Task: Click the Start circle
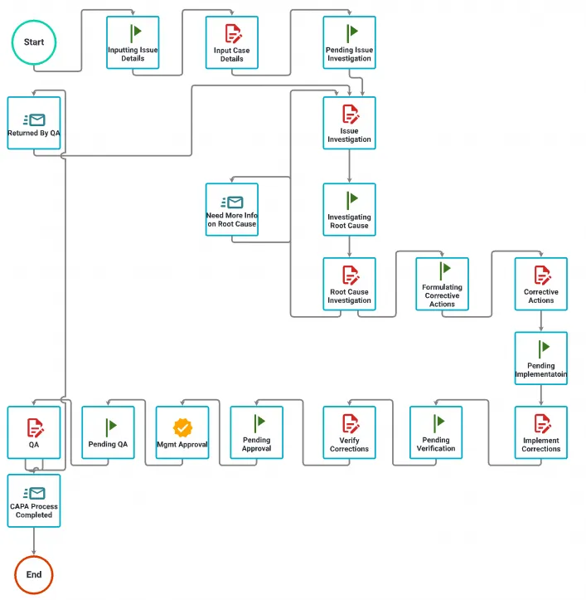click(x=34, y=41)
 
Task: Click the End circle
click(x=34, y=574)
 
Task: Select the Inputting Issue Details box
click(x=133, y=42)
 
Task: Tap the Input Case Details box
click(x=232, y=42)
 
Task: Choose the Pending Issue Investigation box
click(x=349, y=42)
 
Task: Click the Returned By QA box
click(x=34, y=123)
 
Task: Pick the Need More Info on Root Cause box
click(x=232, y=209)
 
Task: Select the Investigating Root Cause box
click(x=349, y=209)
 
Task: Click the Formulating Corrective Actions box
click(x=442, y=284)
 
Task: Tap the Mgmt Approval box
click(x=182, y=432)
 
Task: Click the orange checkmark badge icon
click(x=182, y=427)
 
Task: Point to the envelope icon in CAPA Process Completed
click(x=35, y=493)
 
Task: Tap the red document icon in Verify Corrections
click(x=350, y=422)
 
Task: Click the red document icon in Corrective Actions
click(x=541, y=274)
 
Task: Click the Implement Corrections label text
click(x=541, y=445)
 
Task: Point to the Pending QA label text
click(x=108, y=445)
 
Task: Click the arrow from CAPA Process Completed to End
click(x=34, y=542)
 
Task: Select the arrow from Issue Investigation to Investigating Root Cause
click(x=349, y=166)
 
